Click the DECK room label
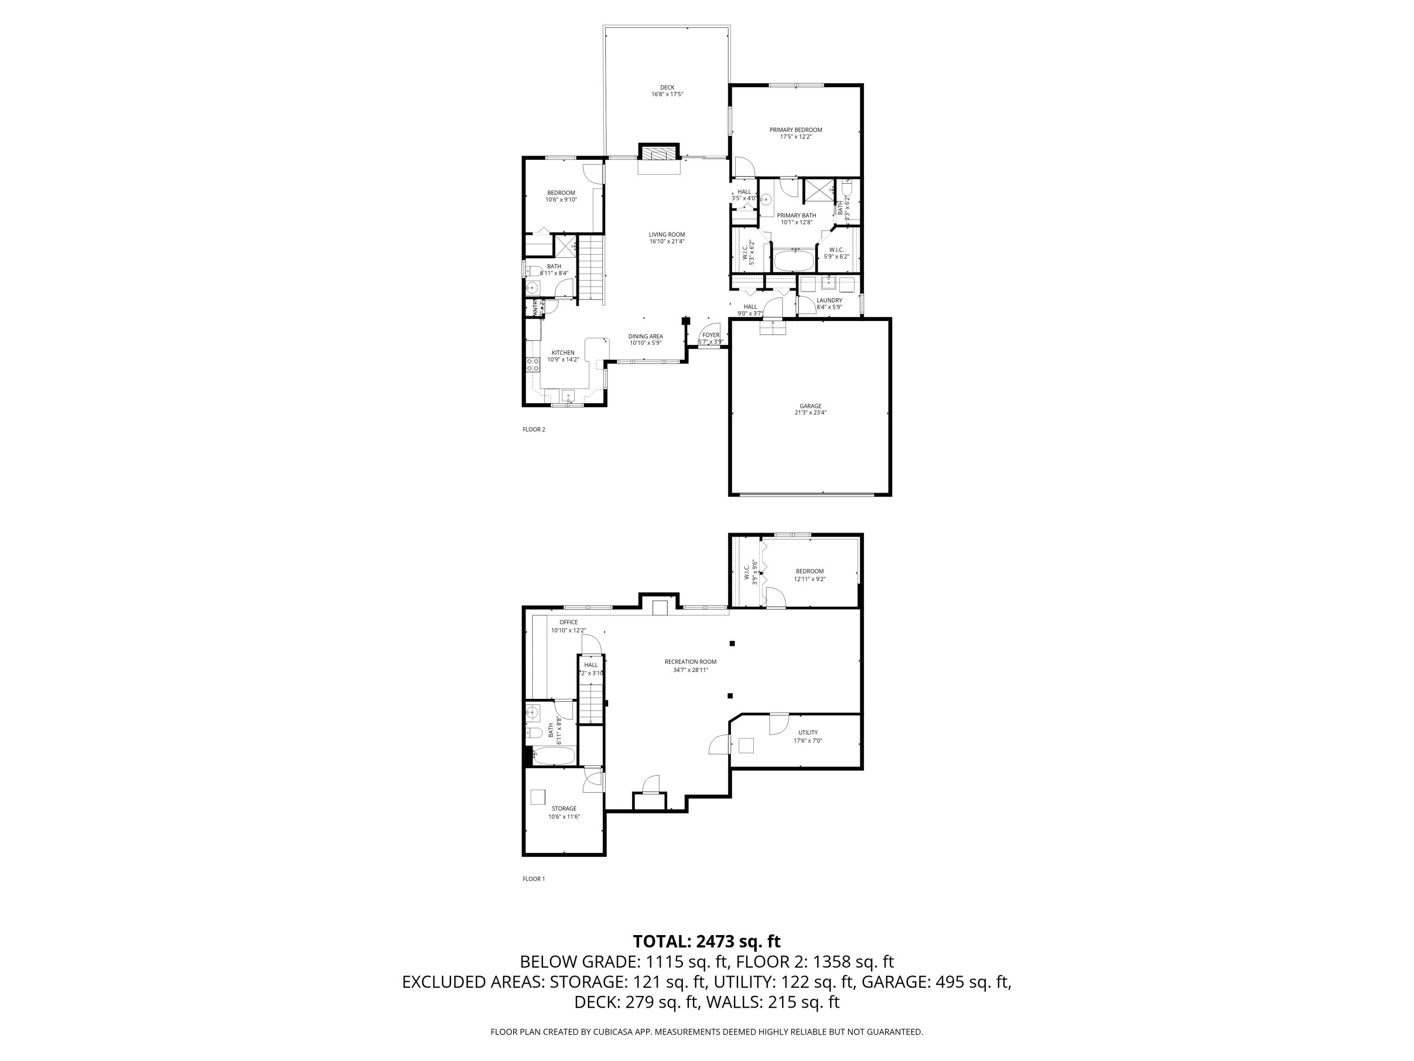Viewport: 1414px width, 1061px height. tap(667, 88)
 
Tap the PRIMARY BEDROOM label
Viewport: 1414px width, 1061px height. tap(795, 130)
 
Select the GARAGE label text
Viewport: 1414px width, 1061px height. tap(810, 406)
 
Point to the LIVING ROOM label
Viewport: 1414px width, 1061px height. tap(667, 235)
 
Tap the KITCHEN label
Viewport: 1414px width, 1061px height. tap(562, 352)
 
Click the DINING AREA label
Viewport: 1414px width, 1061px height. tap(645, 336)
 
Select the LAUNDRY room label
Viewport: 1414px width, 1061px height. tap(829, 300)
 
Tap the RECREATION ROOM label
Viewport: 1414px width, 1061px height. tap(690, 662)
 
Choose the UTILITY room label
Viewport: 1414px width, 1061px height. tap(807, 732)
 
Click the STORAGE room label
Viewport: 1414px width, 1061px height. tap(564, 808)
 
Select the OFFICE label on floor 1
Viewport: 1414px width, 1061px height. tap(568, 622)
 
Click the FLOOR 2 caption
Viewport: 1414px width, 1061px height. tap(533, 430)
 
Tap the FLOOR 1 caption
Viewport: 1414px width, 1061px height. tap(533, 879)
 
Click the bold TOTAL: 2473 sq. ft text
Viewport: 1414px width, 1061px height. tap(707, 941)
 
